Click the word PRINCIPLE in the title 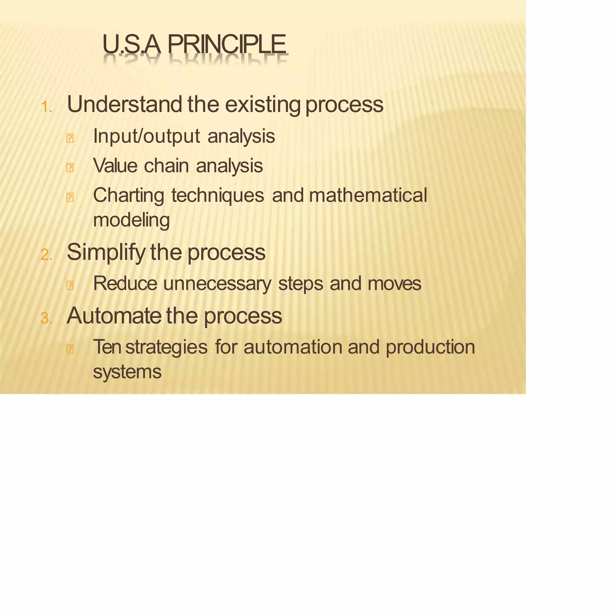click(x=226, y=44)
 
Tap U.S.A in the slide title click(x=131, y=44)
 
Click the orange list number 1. click(x=46, y=107)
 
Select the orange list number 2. click(x=46, y=255)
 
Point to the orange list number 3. click(x=46, y=319)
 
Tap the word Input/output click(x=147, y=136)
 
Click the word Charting click(x=129, y=195)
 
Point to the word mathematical click(x=368, y=195)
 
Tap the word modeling click(x=131, y=220)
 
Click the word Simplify click(x=106, y=253)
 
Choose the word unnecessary click(x=217, y=283)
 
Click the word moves click(x=394, y=283)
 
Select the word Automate click(x=114, y=316)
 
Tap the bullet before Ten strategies click(x=70, y=349)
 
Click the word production click(x=430, y=347)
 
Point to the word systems click(x=127, y=372)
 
